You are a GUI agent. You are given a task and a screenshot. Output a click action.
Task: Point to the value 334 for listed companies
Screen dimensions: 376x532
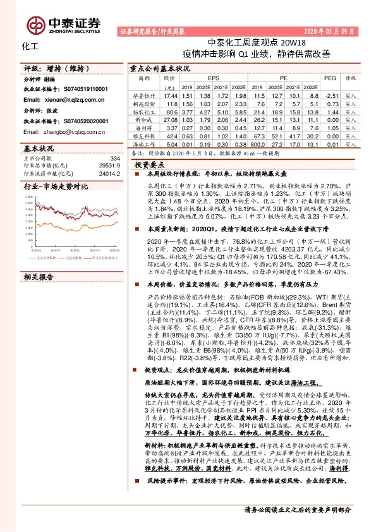click(x=114, y=159)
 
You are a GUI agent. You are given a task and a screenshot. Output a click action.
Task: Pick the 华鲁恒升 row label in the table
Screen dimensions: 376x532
click(x=145, y=95)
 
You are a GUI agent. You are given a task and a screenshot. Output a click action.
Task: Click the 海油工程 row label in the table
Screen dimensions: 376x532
click(x=145, y=144)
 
